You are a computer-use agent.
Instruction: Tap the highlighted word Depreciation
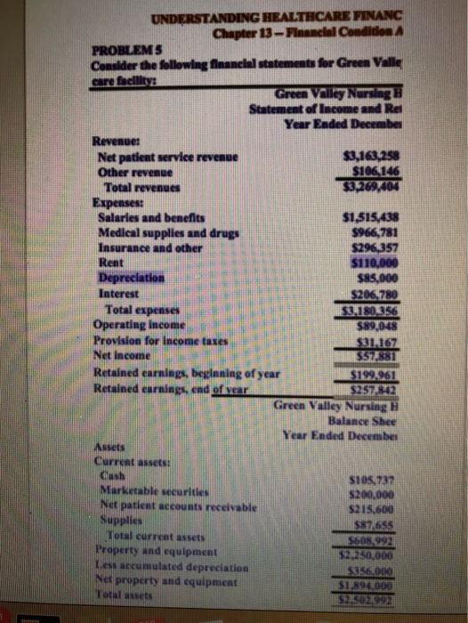click(x=127, y=275)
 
